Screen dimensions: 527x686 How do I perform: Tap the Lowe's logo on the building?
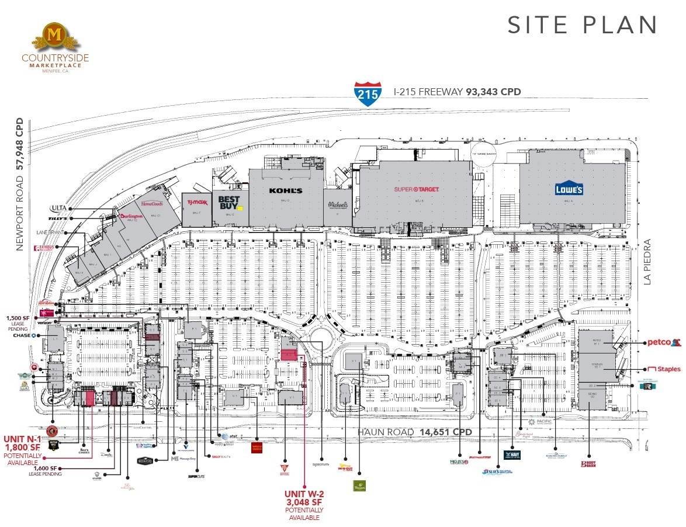tap(569, 189)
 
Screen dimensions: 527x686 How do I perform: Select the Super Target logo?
tap(416, 189)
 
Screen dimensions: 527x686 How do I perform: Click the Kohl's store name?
tap(286, 191)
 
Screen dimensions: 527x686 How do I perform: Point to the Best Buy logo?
tap(228, 202)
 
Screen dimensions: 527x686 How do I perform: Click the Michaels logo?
tap(338, 205)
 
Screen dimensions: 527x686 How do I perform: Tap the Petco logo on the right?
tap(664, 342)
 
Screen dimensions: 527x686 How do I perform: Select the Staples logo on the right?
tap(664, 369)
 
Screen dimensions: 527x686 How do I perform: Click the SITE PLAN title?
tap(583, 25)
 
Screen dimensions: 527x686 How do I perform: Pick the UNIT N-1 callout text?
tap(22, 439)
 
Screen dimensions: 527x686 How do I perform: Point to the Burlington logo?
tap(131, 216)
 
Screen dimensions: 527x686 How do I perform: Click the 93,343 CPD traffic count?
tap(493, 92)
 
